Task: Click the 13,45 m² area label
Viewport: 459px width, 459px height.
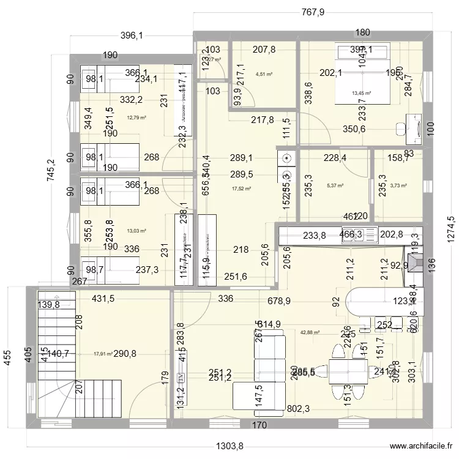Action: [361, 93]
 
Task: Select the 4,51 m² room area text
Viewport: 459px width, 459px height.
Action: [264, 75]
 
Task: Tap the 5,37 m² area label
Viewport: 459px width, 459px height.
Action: [335, 185]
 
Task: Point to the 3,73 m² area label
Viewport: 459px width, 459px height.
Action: [398, 185]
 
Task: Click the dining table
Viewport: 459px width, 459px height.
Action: [349, 371]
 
